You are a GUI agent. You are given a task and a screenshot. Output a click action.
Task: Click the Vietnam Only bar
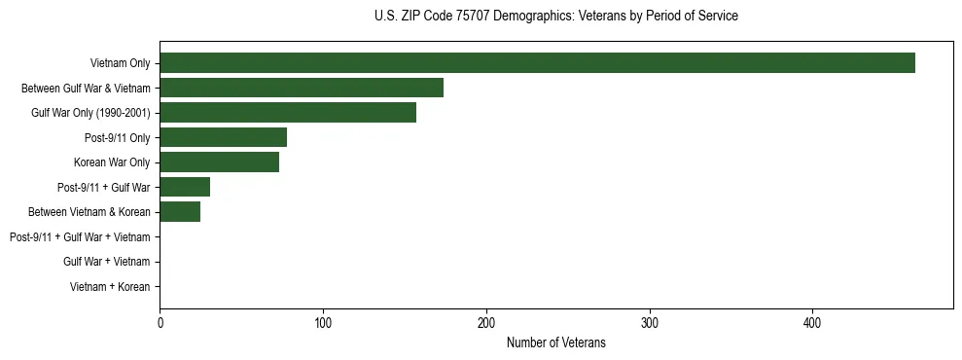537,63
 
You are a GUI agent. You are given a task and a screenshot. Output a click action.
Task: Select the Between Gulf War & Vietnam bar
302,88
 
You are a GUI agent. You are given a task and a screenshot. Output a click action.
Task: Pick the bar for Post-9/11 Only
223,137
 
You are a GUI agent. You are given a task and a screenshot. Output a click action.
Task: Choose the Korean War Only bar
219,162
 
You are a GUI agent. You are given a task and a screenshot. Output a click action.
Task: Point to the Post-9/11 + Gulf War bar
185,187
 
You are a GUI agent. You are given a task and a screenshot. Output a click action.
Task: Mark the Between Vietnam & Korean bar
180,212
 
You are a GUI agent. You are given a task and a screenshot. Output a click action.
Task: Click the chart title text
555,17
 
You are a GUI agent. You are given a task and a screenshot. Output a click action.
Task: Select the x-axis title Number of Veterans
555,342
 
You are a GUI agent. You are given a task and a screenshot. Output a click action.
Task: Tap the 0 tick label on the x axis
160,323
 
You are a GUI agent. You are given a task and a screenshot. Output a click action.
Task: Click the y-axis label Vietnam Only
120,63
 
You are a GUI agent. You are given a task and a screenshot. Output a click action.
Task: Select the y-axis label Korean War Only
112,162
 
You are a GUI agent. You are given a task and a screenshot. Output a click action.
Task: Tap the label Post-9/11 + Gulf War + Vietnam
80,237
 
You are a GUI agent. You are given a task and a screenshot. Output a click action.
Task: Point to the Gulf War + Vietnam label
107,262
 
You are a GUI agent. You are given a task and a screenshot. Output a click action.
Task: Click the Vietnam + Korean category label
110,287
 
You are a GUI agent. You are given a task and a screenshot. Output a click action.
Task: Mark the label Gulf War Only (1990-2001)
90,113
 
